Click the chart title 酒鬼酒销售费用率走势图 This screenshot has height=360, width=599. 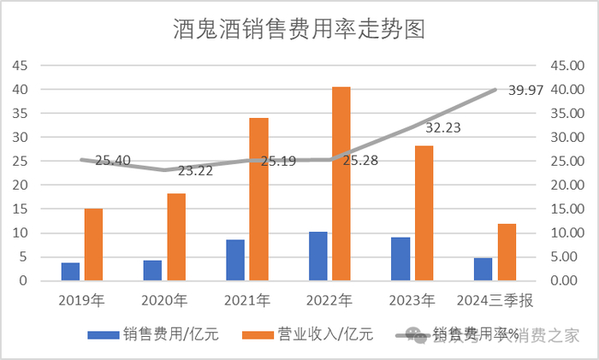tap(299, 29)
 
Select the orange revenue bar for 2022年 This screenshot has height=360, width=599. tap(341, 184)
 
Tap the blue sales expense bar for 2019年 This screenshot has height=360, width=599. tap(70, 271)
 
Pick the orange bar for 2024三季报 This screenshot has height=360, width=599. tap(507, 252)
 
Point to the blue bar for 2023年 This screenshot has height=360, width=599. tap(400, 258)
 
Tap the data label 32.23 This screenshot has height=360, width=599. tap(443, 127)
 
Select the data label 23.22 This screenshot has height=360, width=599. tap(196, 171)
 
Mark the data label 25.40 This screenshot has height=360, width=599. tap(113, 160)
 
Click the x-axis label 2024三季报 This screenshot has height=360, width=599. tap(495, 300)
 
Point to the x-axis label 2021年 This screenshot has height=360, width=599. tap(248, 300)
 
